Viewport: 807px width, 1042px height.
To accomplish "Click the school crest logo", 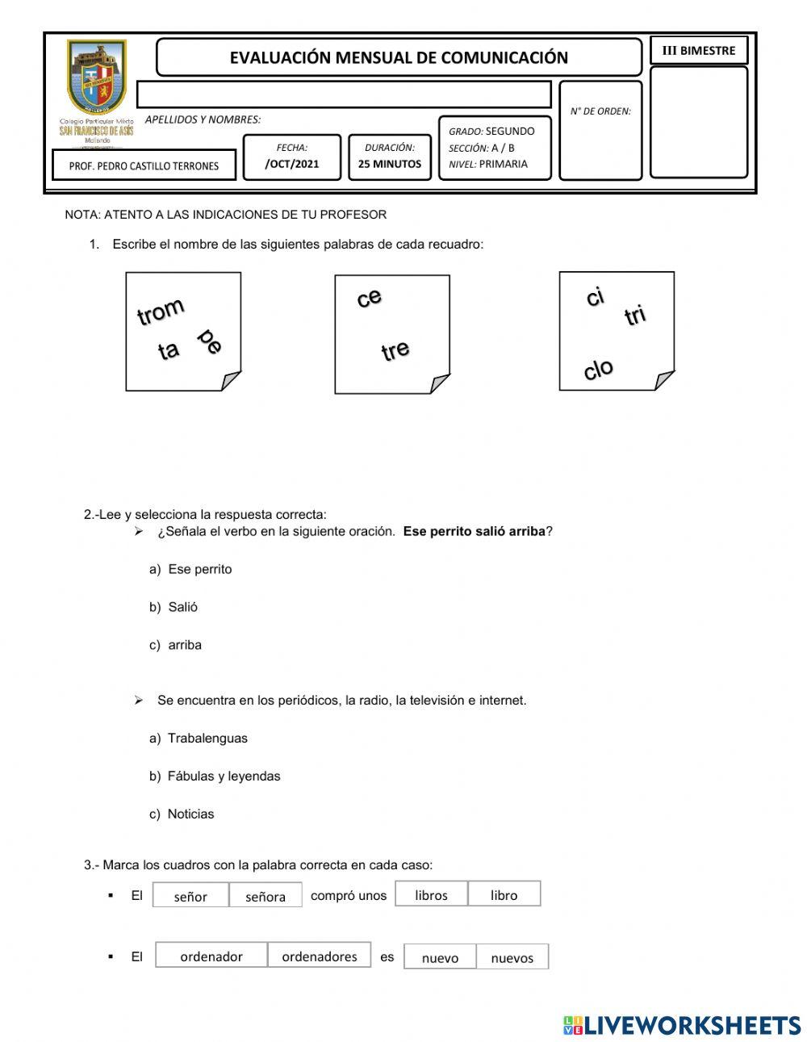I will (97, 78).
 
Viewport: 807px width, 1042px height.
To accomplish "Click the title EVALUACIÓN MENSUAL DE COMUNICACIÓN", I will (399, 57).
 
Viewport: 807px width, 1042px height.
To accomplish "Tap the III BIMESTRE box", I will (699, 50).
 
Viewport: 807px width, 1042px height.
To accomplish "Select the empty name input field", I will (344, 94).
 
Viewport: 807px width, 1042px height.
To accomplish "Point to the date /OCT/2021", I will (292, 164).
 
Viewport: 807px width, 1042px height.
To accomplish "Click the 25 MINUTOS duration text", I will (390, 164).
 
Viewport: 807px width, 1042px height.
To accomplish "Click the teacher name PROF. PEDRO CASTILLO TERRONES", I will (144, 165).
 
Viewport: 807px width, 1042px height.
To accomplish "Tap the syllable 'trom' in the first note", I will (161, 311).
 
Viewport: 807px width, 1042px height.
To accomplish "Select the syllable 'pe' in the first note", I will (210, 341).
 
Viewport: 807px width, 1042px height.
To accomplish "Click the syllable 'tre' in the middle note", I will (395, 351).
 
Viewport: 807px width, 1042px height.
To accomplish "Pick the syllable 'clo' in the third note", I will (598, 370).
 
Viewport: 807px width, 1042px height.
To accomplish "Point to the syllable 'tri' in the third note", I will (636, 316).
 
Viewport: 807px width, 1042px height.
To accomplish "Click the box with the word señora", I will (266, 896).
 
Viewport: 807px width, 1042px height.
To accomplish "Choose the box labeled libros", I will (431, 894).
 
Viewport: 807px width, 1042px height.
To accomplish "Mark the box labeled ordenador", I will (211, 956).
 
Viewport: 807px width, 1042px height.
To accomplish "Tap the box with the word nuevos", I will (512, 957).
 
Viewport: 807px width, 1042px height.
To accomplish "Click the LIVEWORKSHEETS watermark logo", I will (682, 1025).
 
